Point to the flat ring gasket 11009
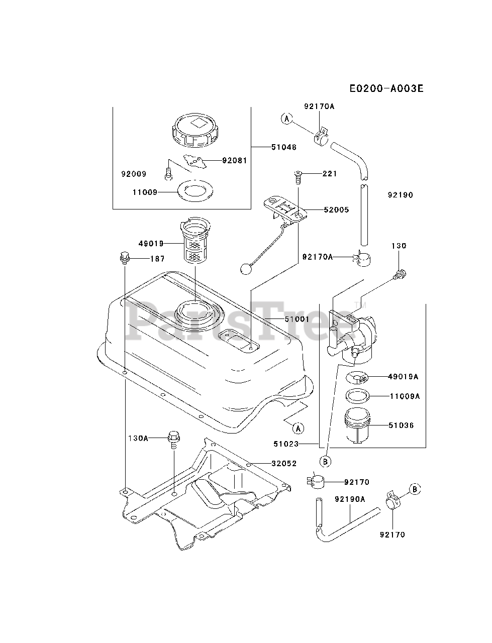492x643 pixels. coord(195,191)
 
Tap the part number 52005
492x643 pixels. coord(337,209)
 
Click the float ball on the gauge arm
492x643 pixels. coord(246,269)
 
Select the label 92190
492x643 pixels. coord(401,195)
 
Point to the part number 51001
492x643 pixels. coord(284,318)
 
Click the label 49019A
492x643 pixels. coord(403,376)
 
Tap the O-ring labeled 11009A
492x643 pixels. coord(357,395)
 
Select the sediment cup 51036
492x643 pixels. coord(357,426)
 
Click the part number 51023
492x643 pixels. coord(286,444)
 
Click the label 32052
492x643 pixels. coord(284,463)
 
